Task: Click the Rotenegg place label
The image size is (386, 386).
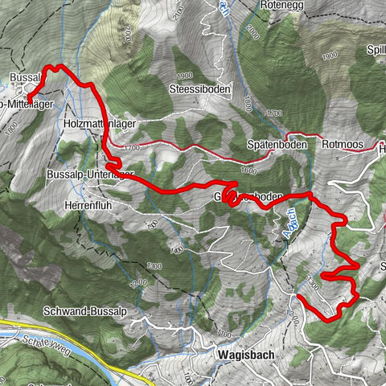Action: [279, 5]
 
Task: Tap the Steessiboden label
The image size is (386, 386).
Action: [200, 89]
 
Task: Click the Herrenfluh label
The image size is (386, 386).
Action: [91, 205]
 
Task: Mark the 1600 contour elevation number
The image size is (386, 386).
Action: [248, 170]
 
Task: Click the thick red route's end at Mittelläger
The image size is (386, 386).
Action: [28, 100]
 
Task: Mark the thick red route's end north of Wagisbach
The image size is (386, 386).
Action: [298, 297]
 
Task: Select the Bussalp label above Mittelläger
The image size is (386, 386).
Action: [24, 78]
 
